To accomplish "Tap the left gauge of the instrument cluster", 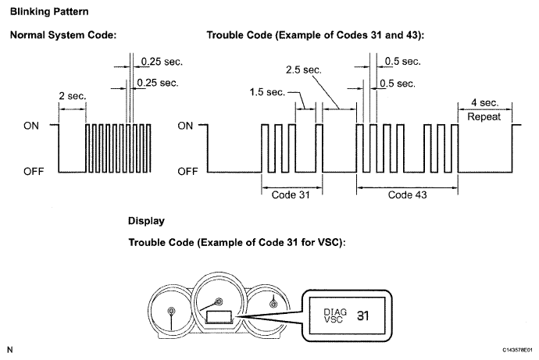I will click(171, 312).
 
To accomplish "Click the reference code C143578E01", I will click(511, 349).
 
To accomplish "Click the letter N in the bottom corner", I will click(10, 348).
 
